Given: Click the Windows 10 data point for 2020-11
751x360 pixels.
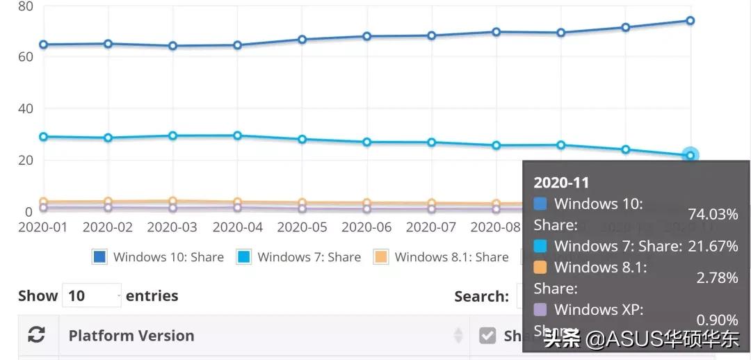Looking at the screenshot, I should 690,21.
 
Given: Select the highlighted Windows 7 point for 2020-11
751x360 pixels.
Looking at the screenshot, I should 690,155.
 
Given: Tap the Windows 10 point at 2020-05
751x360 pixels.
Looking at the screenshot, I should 302,40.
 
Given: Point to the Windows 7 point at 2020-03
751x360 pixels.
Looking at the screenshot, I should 172,136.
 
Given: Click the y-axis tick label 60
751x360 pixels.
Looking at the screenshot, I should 25,56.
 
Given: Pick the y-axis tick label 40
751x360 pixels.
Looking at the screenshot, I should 25,108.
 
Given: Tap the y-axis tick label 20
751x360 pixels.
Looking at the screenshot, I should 25,160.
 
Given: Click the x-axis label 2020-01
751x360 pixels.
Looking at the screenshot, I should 43,227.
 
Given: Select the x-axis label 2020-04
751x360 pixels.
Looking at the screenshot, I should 237,227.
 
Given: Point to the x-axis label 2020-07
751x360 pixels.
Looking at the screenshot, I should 431,227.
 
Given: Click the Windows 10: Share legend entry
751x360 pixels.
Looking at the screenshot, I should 158,257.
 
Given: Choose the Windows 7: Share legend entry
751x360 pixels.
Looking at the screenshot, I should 299,257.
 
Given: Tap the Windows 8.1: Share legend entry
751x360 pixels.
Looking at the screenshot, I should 441,257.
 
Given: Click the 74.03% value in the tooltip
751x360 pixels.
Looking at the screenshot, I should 713,215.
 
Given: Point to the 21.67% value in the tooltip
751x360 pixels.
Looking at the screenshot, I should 713,246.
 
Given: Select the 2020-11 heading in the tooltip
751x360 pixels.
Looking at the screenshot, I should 561,183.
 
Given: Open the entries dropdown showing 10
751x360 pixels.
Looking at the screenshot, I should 91,296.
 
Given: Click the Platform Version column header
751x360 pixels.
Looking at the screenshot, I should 131,336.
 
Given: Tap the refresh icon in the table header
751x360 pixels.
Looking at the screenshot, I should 36,336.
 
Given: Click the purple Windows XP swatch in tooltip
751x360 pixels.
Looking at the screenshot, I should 540,309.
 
